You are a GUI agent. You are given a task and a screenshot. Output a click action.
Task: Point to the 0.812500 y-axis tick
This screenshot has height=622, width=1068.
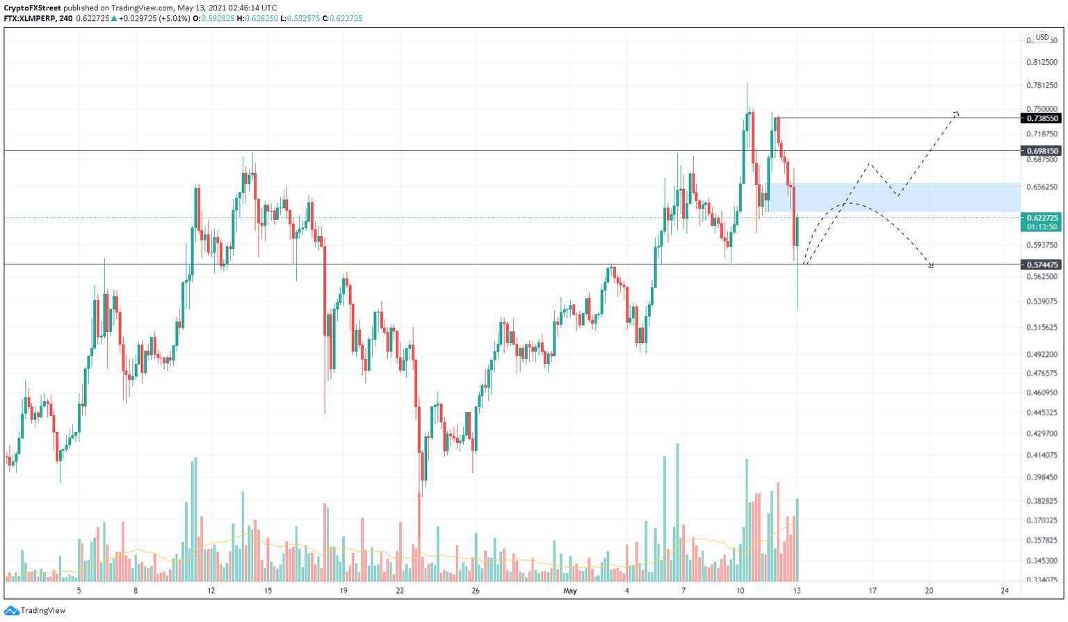click(1042, 62)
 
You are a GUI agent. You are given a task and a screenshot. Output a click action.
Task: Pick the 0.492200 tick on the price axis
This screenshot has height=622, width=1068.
click(1042, 355)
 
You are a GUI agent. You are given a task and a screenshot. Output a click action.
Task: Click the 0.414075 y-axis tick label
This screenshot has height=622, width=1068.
click(1042, 455)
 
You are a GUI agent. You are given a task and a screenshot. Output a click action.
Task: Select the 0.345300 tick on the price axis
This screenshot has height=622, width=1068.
click(1042, 560)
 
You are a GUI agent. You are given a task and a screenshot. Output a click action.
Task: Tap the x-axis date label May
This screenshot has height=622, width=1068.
click(570, 591)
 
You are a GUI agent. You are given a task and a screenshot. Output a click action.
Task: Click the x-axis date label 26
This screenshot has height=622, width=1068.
click(476, 591)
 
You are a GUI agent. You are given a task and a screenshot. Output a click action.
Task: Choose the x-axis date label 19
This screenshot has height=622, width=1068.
click(343, 591)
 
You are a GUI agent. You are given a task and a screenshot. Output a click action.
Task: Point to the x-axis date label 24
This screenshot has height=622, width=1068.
click(1005, 591)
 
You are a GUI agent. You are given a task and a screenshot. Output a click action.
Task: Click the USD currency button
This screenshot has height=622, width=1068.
click(1042, 38)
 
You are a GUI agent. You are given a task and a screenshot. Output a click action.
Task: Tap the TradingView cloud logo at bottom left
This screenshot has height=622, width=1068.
click(11, 611)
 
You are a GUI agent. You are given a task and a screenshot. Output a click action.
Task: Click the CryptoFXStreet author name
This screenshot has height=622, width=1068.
click(32, 8)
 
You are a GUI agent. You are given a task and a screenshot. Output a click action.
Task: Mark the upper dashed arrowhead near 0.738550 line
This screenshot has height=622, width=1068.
click(957, 113)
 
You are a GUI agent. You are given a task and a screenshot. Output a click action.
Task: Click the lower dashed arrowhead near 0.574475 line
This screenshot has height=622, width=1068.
click(931, 265)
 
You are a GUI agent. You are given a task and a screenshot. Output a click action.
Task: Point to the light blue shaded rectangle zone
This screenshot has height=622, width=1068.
click(904, 198)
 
